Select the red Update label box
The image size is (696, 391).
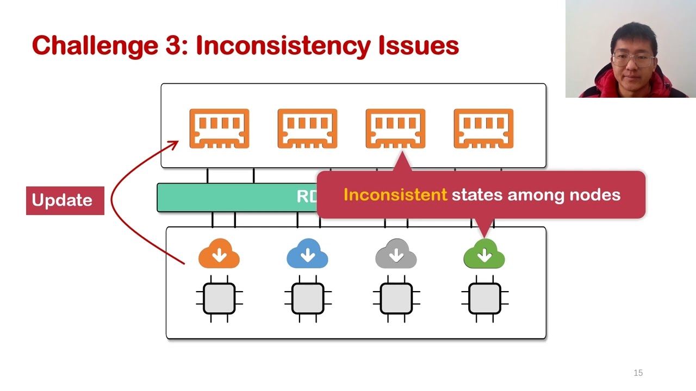click(65, 200)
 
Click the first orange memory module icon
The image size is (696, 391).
click(219, 129)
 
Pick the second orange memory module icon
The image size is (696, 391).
click(307, 129)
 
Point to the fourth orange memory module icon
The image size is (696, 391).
click(483, 129)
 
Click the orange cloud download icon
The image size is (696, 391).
click(219, 254)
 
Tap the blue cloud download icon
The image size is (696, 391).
click(307, 254)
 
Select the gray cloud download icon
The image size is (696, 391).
click(396, 254)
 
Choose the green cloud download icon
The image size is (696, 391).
click(484, 254)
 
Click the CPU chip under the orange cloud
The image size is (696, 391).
click(219, 299)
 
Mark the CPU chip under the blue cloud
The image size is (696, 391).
click(308, 299)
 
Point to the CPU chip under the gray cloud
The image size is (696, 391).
click(396, 299)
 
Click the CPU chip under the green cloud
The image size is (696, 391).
click(484, 299)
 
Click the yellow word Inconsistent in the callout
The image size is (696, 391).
click(395, 195)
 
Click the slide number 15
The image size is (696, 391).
click(638, 373)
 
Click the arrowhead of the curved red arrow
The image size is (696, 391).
click(175, 143)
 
